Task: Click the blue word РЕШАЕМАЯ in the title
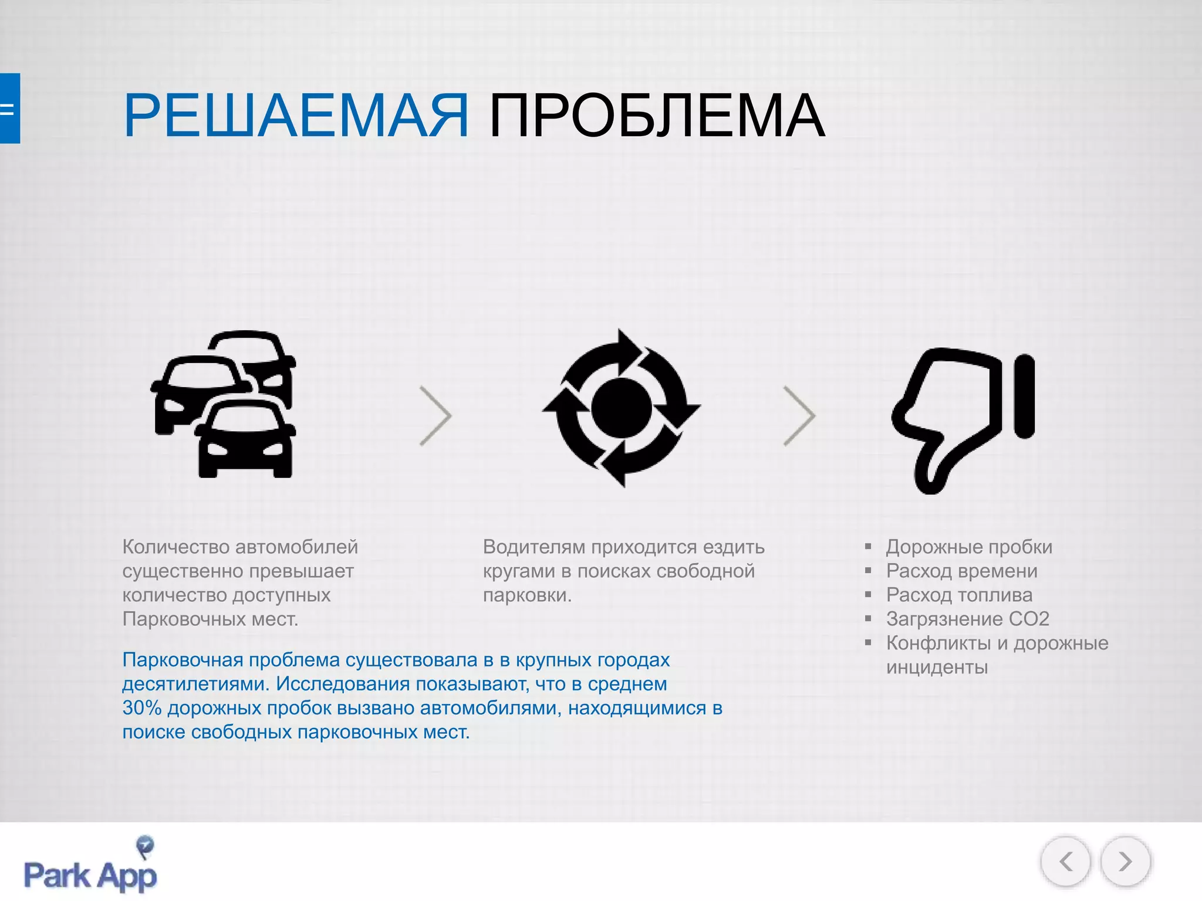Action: (x=296, y=116)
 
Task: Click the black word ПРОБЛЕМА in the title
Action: (x=657, y=116)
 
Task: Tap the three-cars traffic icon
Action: (x=224, y=404)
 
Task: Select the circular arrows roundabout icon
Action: (x=622, y=408)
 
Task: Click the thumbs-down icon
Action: (x=963, y=419)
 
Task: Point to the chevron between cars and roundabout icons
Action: (x=436, y=416)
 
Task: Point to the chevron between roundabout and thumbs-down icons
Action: (x=800, y=416)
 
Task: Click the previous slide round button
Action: (x=1065, y=862)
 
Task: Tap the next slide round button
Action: (x=1125, y=862)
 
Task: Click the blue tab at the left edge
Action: (x=9, y=109)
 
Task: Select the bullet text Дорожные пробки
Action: (x=969, y=547)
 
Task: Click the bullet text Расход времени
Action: (x=961, y=571)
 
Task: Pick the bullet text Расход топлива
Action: (x=959, y=595)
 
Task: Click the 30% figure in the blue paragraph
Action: (x=141, y=708)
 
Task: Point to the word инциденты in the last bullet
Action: (x=937, y=667)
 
